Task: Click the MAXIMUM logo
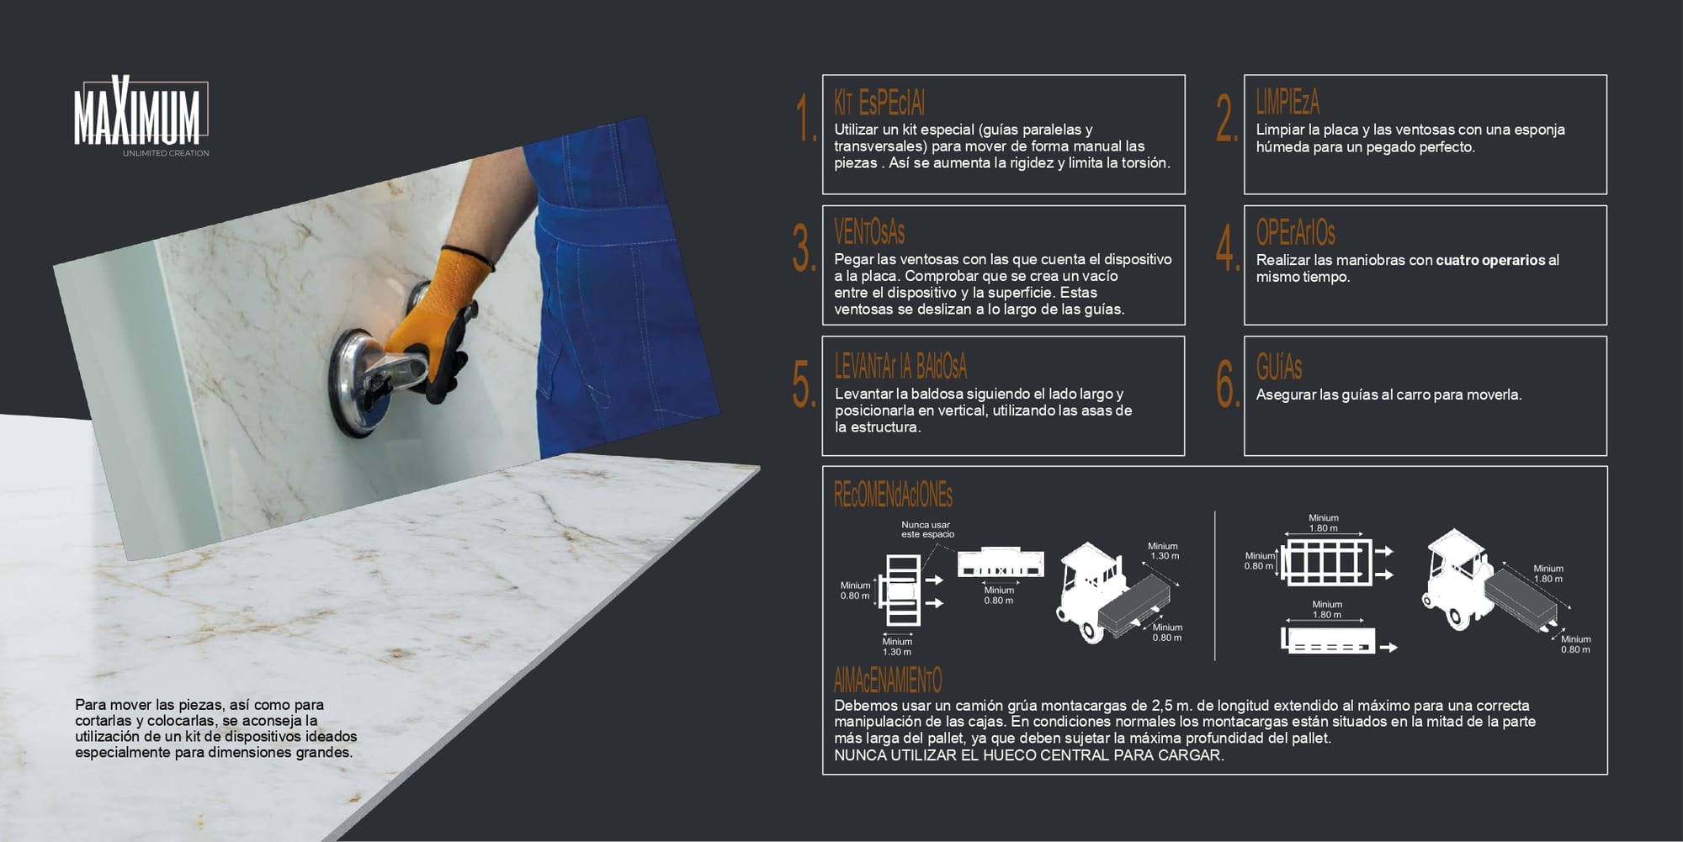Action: point(139,113)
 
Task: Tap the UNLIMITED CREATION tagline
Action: point(166,153)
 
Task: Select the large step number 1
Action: point(805,117)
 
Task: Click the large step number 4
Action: point(1228,247)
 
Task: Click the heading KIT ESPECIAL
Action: point(879,103)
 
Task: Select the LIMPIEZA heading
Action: point(1287,102)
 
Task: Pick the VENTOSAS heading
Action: point(869,231)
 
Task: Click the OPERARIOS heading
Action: point(1296,232)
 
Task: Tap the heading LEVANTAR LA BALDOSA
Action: point(900,366)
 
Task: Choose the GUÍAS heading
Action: point(1279,367)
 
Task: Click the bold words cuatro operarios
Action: point(1490,260)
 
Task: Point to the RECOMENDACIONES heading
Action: point(893,495)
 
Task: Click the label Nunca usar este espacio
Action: point(927,529)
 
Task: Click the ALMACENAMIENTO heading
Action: point(888,680)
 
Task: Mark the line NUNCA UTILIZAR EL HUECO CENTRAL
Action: point(1028,755)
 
